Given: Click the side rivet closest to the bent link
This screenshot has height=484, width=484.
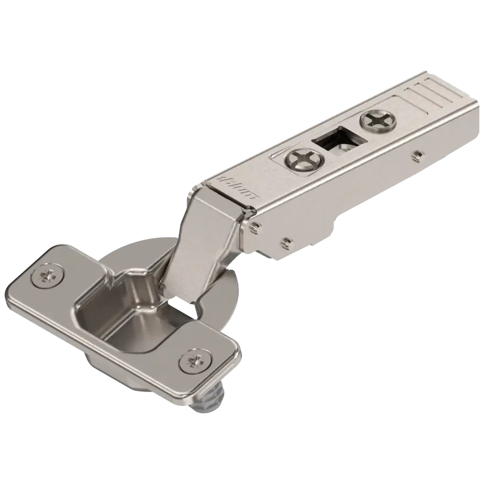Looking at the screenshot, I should (x=256, y=227).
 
